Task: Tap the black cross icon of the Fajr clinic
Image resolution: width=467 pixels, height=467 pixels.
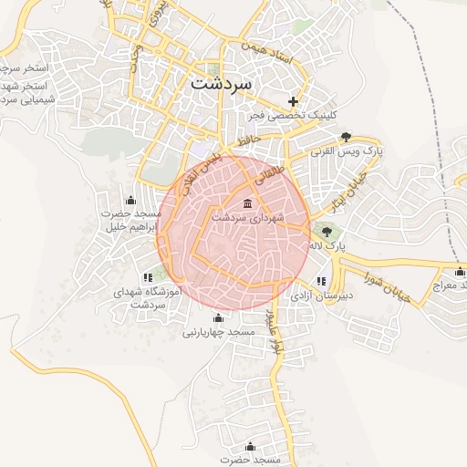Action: click(293, 100)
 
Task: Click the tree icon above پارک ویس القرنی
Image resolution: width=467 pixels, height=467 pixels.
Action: click(346, 137)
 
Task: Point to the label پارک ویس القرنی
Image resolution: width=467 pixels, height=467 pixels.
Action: click(347, 152)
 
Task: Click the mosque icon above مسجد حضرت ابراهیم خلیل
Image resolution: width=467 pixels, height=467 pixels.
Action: click(130, 200)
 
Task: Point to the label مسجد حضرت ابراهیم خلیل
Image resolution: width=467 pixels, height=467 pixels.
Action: click(130, 221)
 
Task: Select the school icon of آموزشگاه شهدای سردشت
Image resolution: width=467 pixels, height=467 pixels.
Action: click(148, 277)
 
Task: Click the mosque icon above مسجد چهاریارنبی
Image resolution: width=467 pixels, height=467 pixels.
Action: click(217, 317)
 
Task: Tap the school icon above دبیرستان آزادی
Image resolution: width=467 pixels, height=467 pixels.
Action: click(320, 281)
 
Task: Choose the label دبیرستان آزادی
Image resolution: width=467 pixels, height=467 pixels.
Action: click(320, 296)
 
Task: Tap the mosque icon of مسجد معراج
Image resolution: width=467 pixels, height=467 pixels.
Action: click(459, 270)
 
